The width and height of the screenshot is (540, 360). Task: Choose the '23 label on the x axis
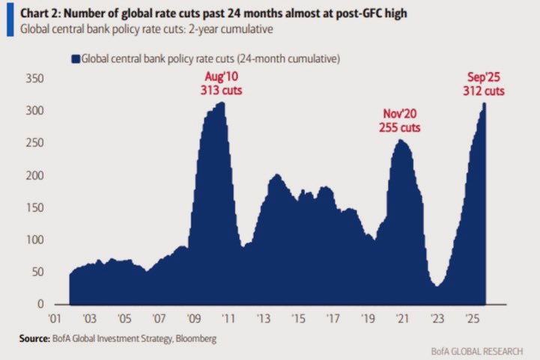click(437, 319)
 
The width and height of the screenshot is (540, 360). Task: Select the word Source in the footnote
click(37, 338)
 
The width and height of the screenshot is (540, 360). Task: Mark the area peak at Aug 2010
click(222, 103)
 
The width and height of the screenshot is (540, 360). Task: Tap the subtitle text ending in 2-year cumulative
click(147, 30)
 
